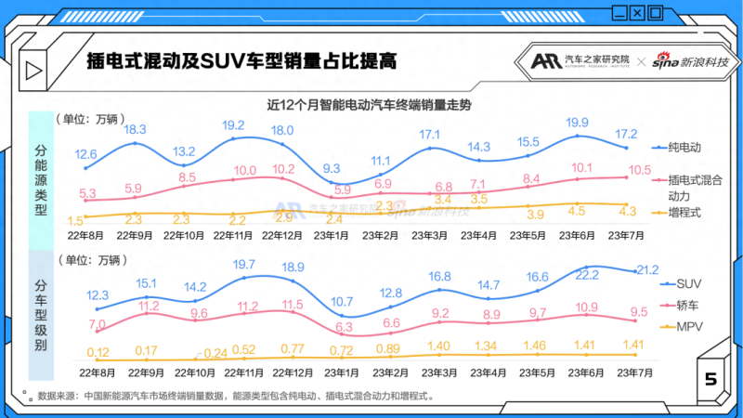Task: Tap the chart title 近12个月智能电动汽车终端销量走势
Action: [369, 105]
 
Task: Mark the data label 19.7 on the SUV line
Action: [244, 265]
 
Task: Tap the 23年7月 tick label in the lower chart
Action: [627, 372]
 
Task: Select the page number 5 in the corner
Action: [710, 379]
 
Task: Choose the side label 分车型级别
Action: [41, 316]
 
